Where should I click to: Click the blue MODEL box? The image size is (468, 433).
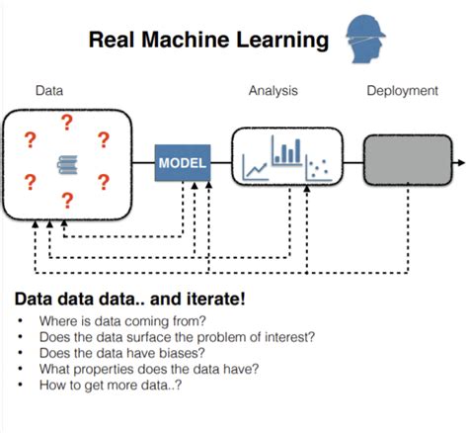coord(183,162)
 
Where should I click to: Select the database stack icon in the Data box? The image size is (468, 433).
coord(67,162)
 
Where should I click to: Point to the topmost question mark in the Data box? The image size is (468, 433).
coord(67,123)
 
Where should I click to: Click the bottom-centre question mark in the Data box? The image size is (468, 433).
coord(67,201)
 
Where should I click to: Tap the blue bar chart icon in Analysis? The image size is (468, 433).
coord(287,150)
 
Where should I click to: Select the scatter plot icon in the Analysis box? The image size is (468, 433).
coord(317,168)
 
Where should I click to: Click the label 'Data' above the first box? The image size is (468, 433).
coord(49,91)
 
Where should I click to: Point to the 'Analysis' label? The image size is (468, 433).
coord(273,91)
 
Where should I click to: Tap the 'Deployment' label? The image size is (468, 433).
coord(402,91)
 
